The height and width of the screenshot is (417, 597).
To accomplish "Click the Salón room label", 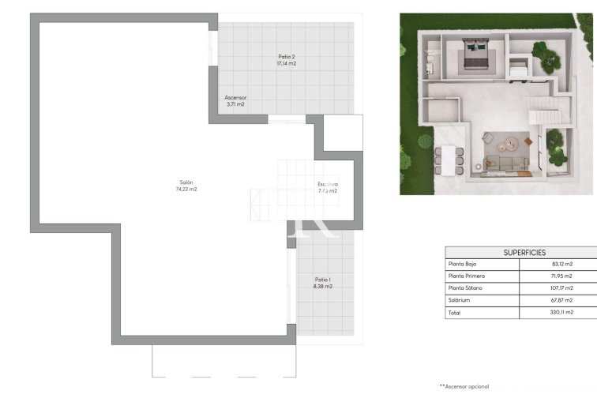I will coord(186,182).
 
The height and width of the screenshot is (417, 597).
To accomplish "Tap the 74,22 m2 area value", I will coord(186,190).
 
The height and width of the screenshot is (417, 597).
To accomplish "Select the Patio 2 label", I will coord(287,56).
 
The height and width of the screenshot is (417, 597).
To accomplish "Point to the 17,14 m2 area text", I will coord(287,63).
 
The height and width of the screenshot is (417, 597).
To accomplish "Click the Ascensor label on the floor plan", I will coord(235,97).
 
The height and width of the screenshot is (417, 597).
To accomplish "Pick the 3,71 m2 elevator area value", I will coord(235,104).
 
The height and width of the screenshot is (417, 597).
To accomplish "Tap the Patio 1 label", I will coord(322,279).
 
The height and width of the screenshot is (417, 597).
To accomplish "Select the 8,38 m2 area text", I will coord(322,286).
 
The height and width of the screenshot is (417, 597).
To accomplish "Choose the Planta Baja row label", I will coord(465,264).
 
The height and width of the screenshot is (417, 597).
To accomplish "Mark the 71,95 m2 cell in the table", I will coord(562,276).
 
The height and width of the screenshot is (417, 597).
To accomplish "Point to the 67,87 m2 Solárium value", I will coord(562,300).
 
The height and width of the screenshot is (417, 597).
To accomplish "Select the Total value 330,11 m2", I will coord(561,313).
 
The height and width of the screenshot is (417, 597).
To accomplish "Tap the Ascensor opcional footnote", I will coord(464,386).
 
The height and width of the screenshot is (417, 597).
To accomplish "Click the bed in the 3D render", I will coord(475,58).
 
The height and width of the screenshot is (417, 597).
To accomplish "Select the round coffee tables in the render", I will coord(509,145).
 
